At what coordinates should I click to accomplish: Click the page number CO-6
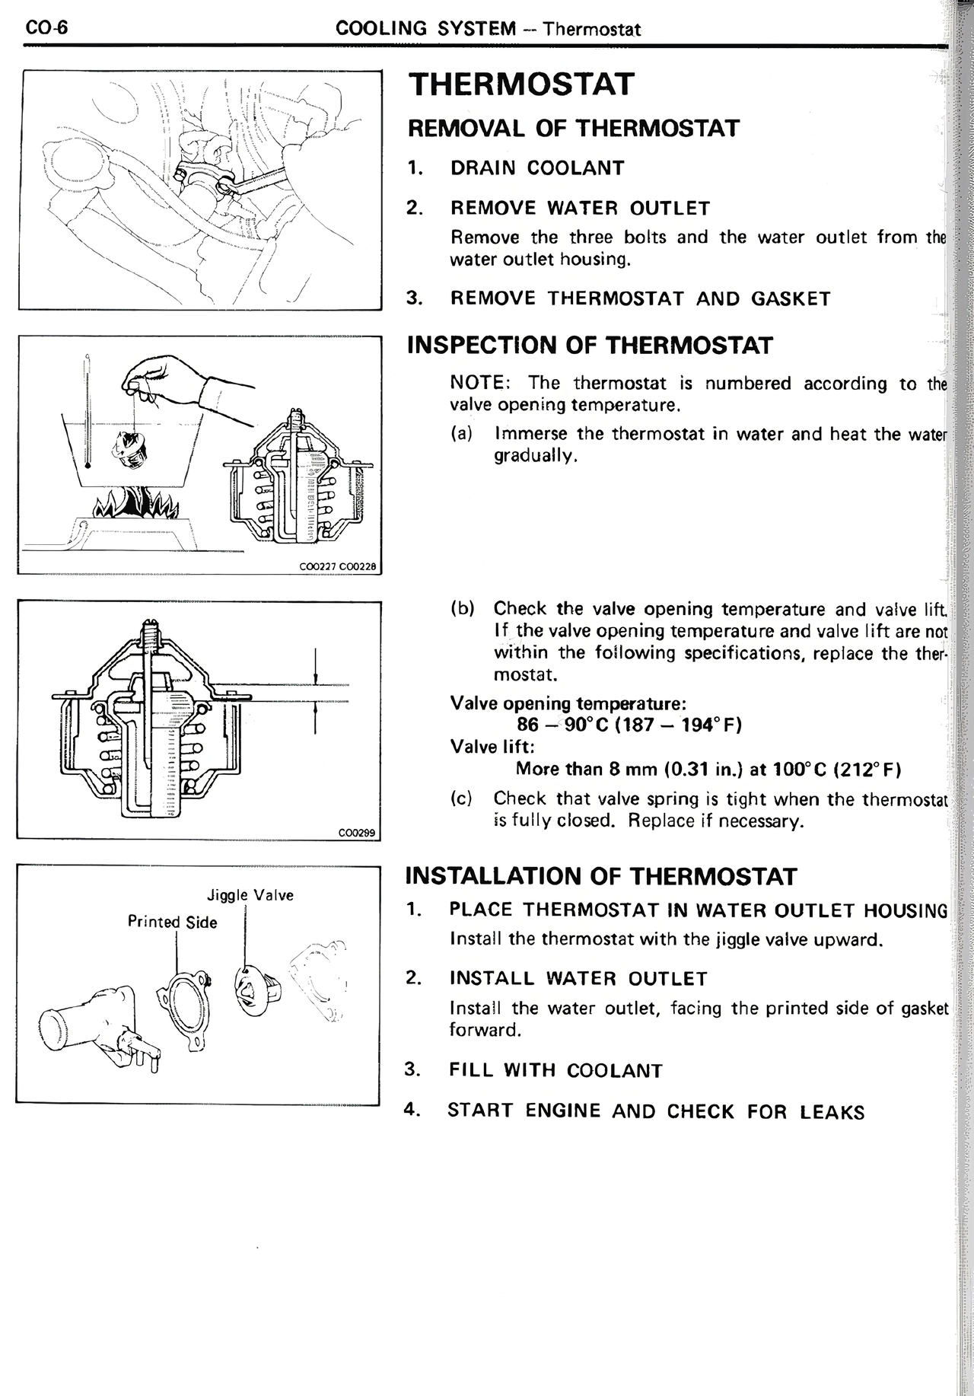coord(46,28)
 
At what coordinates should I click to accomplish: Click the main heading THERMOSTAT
coord(520,84)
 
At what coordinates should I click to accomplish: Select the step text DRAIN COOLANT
coord(537,168)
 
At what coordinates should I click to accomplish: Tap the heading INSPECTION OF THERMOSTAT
coord(590,346)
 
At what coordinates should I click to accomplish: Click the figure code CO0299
coord(357,833)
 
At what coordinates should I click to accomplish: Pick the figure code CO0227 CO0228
coord(338,566)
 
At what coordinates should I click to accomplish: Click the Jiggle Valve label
coord(250,895)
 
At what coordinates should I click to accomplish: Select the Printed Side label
coord(172,923)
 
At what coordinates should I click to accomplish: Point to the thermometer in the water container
coord(88,411)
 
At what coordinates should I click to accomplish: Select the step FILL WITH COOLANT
coord(555,1071)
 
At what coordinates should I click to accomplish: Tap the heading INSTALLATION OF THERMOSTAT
coord(601,876)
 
